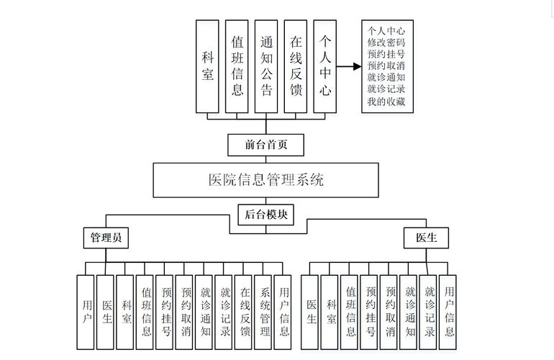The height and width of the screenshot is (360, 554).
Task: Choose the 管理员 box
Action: (105, 238)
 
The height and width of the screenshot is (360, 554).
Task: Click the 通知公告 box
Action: (266, 66)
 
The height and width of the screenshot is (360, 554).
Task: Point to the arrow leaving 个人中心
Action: (349, 67)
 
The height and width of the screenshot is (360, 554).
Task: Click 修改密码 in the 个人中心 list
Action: (386, 43)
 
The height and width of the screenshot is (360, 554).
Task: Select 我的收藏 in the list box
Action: (386, 101)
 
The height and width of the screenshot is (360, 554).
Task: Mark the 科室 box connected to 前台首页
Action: (208, 66)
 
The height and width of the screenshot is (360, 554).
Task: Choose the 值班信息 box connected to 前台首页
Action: (237, 66)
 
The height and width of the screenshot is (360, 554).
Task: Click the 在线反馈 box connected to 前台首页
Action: (296, 66)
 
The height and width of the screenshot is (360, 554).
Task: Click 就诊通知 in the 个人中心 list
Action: (386, 77)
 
